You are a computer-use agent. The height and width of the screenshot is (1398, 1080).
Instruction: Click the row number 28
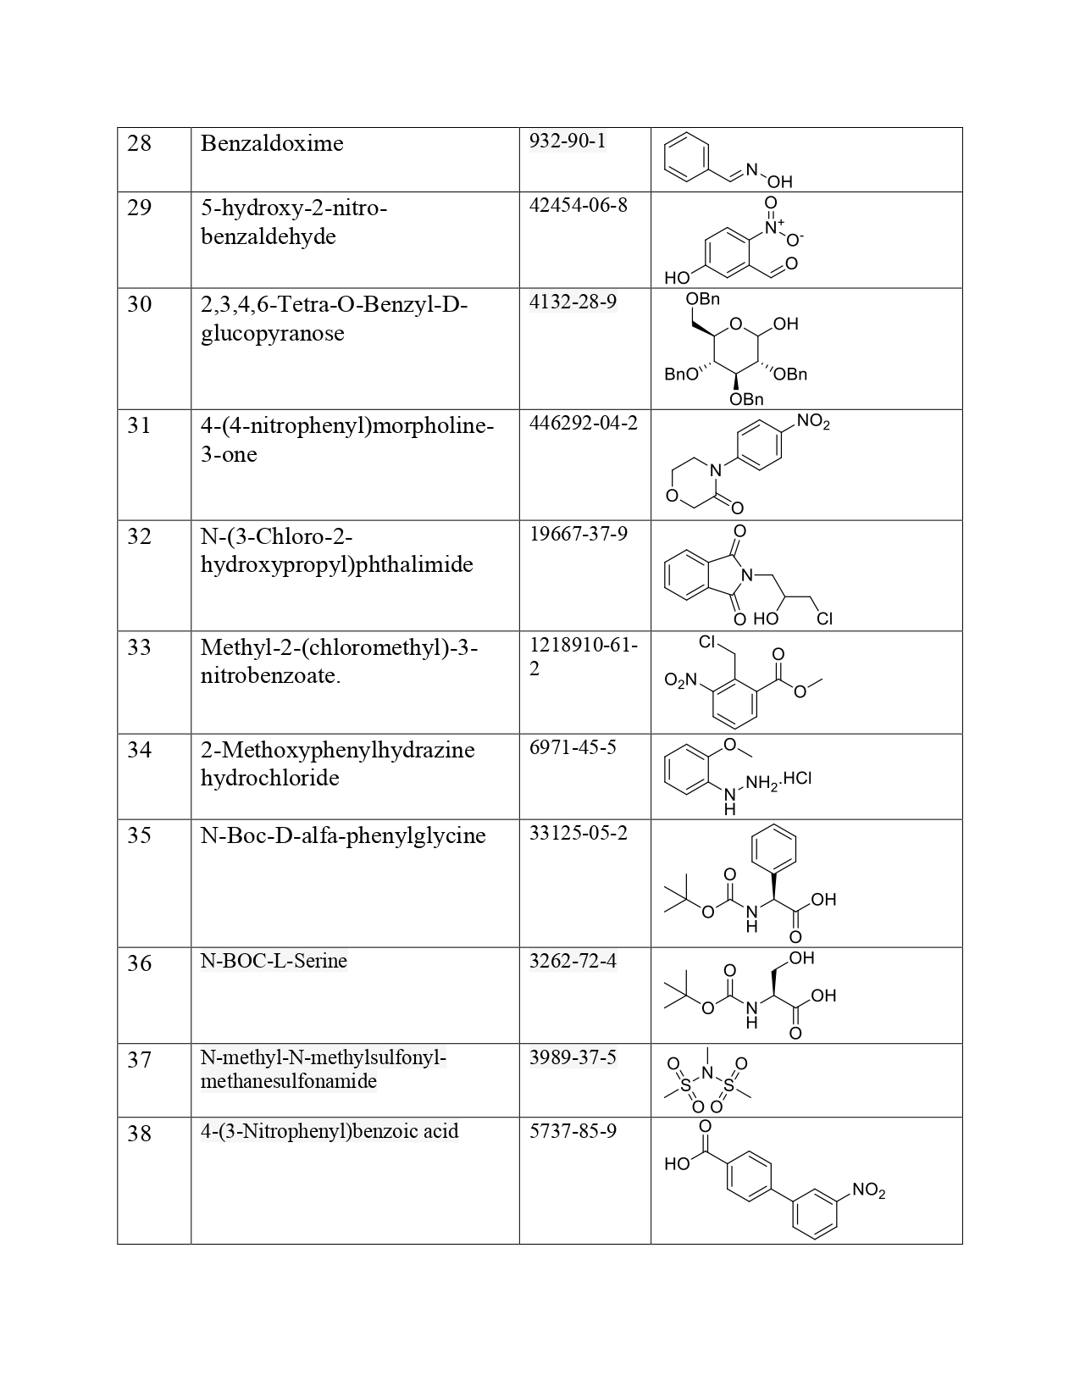click(x=140, y=143)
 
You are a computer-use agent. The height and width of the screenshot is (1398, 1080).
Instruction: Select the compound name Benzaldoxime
click(x=272, y=143)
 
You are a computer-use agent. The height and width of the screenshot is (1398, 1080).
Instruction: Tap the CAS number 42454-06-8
click(x=578, y=205)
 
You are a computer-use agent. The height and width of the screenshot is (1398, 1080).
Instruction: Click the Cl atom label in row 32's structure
click(x=824, y=619)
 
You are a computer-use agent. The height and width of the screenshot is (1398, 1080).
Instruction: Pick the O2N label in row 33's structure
click(x=680, y=680)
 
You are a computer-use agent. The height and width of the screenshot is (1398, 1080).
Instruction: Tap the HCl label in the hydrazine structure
click(x=798, y=779)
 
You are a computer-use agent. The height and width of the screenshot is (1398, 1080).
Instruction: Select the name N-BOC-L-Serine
click(x=274, y=961)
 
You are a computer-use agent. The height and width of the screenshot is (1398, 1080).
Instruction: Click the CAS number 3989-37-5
click(x=573, y=1057)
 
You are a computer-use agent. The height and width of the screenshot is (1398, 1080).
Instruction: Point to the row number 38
click(x=140, y=1133)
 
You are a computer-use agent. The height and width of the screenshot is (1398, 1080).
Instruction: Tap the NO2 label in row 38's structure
click(x=868, y=1190)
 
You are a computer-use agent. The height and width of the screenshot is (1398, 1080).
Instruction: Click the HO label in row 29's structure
click(x=677, y=278)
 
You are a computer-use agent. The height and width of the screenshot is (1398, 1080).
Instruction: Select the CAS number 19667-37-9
click(x=578, y=534)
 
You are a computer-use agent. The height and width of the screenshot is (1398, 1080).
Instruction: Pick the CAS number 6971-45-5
click(x=573, y=746)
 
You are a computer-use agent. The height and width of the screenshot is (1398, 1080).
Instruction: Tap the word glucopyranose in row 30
click(x=272, y=333)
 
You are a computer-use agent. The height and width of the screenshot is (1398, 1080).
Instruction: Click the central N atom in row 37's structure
click(x=707, y=1076)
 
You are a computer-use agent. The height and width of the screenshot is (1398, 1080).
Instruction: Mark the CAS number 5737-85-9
click(x=573, y=1130)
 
